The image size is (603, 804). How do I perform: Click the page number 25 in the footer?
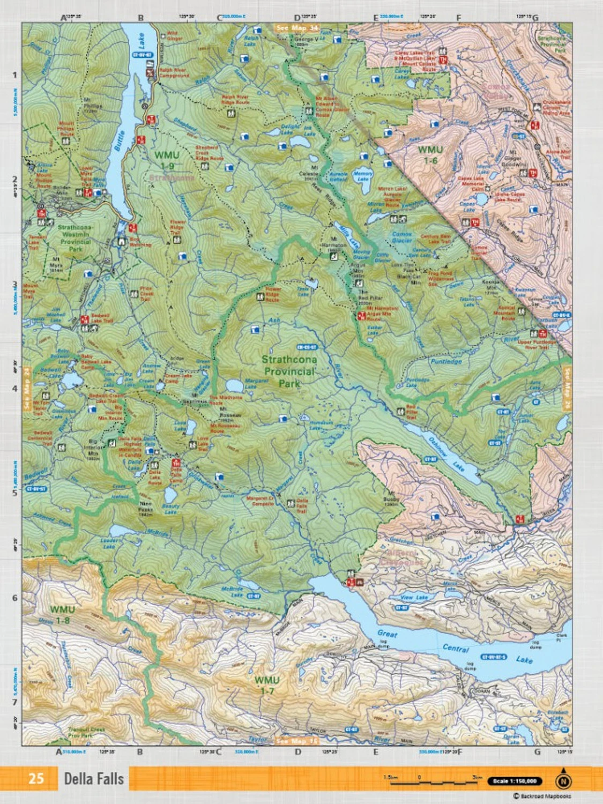[x=36, y=778]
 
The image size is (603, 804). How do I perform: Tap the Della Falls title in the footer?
[x=94, y=778]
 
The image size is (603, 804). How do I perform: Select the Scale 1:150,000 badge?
[x=515, y=781]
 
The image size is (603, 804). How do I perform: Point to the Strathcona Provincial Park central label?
[x=289, y=371]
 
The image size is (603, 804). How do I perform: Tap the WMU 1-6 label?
[x=430, y=154]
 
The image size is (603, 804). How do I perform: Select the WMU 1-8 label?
[x=63, y=615]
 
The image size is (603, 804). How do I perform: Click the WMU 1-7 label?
[x=267, y=685]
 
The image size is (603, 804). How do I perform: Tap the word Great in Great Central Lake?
[x=388, y=634]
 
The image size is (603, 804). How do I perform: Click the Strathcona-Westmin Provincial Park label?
[x=75, y=238]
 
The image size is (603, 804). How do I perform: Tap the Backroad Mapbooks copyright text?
[x=542, y=796]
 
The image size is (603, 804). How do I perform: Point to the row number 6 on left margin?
[x=15, y=598]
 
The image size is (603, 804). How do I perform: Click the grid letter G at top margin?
[x=535, y=18]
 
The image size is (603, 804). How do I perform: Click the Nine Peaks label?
[x=146, y=507]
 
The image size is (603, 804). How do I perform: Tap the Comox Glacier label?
[x=401, y=237]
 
